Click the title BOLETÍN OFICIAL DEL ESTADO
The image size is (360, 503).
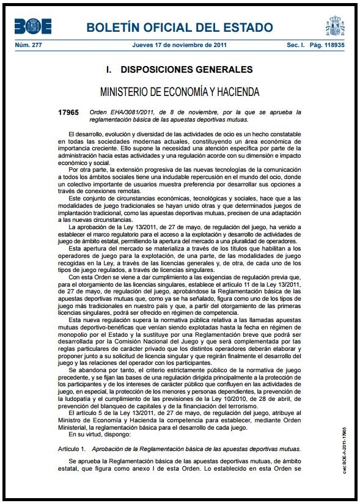[x=179, y=28]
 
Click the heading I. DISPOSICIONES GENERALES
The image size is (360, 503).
[x=179, y=69]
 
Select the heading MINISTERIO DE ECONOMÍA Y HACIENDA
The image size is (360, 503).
[x=179, y=92]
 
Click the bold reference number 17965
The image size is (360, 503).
[x=68, y=112]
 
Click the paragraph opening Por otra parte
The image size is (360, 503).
[x=88, y=169]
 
